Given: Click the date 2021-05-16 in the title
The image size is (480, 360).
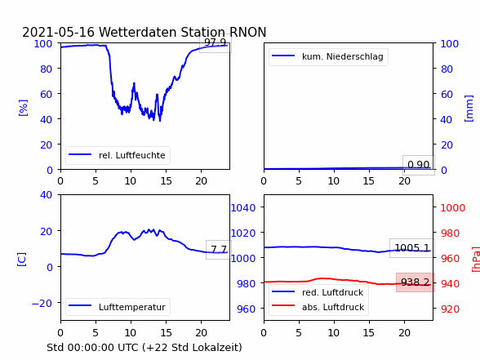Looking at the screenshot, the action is click(58, 32).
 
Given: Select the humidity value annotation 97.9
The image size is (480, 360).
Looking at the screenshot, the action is click(215, 42).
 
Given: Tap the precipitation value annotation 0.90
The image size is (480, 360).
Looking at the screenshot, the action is click(419, 165).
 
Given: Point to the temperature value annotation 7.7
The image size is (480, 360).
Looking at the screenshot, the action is click(219, 250).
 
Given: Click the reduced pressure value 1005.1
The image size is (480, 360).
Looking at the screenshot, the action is click(412, 247).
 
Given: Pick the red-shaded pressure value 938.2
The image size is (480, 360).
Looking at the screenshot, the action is click(415, 282).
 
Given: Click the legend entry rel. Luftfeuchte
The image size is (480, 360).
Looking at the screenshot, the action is click(132, 155).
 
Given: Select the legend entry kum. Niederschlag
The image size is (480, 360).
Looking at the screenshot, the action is click(343, 56).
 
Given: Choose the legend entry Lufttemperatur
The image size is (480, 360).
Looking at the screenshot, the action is click(132, 307).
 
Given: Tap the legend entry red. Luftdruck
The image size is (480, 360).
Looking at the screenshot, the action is click(332, 292).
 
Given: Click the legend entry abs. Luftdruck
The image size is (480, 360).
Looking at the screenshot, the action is click(333, 307).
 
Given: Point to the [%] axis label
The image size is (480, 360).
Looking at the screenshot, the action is click(23, 108).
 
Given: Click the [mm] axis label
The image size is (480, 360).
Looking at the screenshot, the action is click(469, 109).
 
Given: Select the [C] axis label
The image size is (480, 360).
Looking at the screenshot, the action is click(21, 260).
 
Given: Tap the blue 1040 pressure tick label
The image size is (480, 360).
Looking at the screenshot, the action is click(243, 208).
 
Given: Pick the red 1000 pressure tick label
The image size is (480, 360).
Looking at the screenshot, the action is click(453, 208).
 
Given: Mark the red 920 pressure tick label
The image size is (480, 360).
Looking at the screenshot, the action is click(450, 309).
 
